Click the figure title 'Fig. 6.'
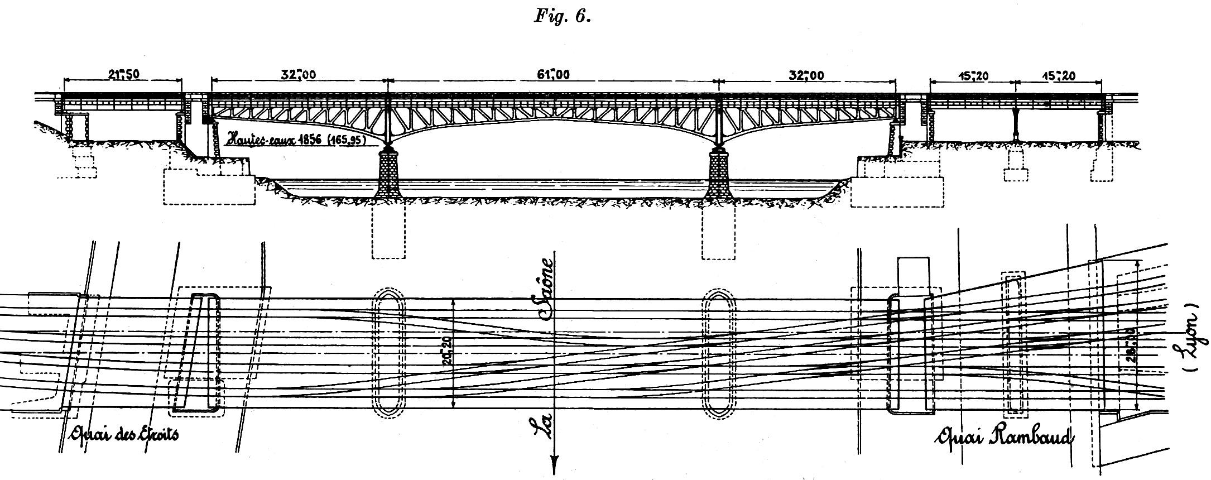562,17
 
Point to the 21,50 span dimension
123,75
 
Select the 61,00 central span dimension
553,75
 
